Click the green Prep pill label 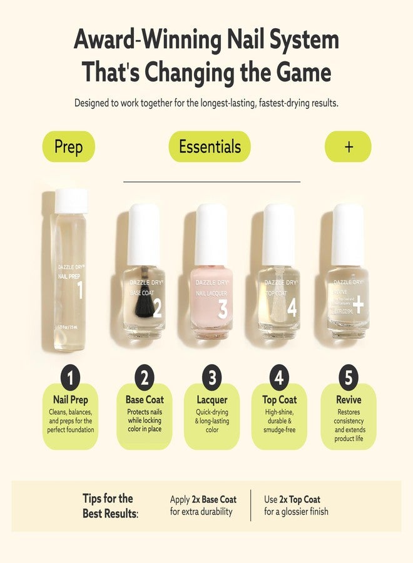[x=69, y=147]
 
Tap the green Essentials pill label [x=210, y=147]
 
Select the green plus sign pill [x=348, y=147]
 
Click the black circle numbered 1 [x=71, y=377]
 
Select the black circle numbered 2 [x=145, y=377]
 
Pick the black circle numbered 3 [x=212, y=377]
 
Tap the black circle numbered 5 [x=348, y=377]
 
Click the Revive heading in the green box [x=348, y=400]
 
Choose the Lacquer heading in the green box [x=212, y=400]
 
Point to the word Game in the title [x=301, y=72]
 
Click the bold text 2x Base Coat [x=214, y=499]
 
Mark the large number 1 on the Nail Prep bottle [x=79, y=290]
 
